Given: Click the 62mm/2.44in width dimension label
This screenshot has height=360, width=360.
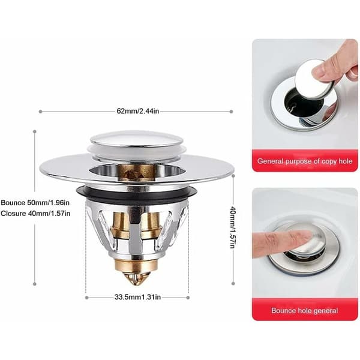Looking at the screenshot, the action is [x=138, y=111].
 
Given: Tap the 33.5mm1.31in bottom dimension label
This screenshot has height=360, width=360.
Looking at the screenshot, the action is [x=137, y=297].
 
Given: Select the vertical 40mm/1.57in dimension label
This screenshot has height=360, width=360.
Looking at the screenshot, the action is [x=233, y=227].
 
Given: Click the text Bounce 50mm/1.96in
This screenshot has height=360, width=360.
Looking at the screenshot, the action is [x=35, y=203].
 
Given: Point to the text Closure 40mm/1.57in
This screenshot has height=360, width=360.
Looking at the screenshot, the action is [x=35, y=214].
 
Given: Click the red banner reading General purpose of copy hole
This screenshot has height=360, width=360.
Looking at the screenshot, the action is [x=305, y=161].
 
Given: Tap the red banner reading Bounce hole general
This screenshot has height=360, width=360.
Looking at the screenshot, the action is [x=305, y=310].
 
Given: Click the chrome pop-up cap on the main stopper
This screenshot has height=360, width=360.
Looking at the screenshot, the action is [x=137, y=139].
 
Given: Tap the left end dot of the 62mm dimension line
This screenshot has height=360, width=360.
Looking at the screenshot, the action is [x=40, y=112].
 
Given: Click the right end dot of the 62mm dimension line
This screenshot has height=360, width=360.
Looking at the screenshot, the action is [x=231, y=112].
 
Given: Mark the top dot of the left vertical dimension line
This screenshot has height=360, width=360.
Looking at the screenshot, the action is [x=35, y=131].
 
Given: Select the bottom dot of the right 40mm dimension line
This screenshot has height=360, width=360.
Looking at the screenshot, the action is [x=233, y=284].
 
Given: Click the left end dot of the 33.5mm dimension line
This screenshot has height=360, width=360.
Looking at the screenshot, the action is [x=86, y=298].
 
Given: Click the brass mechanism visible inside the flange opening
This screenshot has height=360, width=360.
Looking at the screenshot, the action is [x=136, y=170].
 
